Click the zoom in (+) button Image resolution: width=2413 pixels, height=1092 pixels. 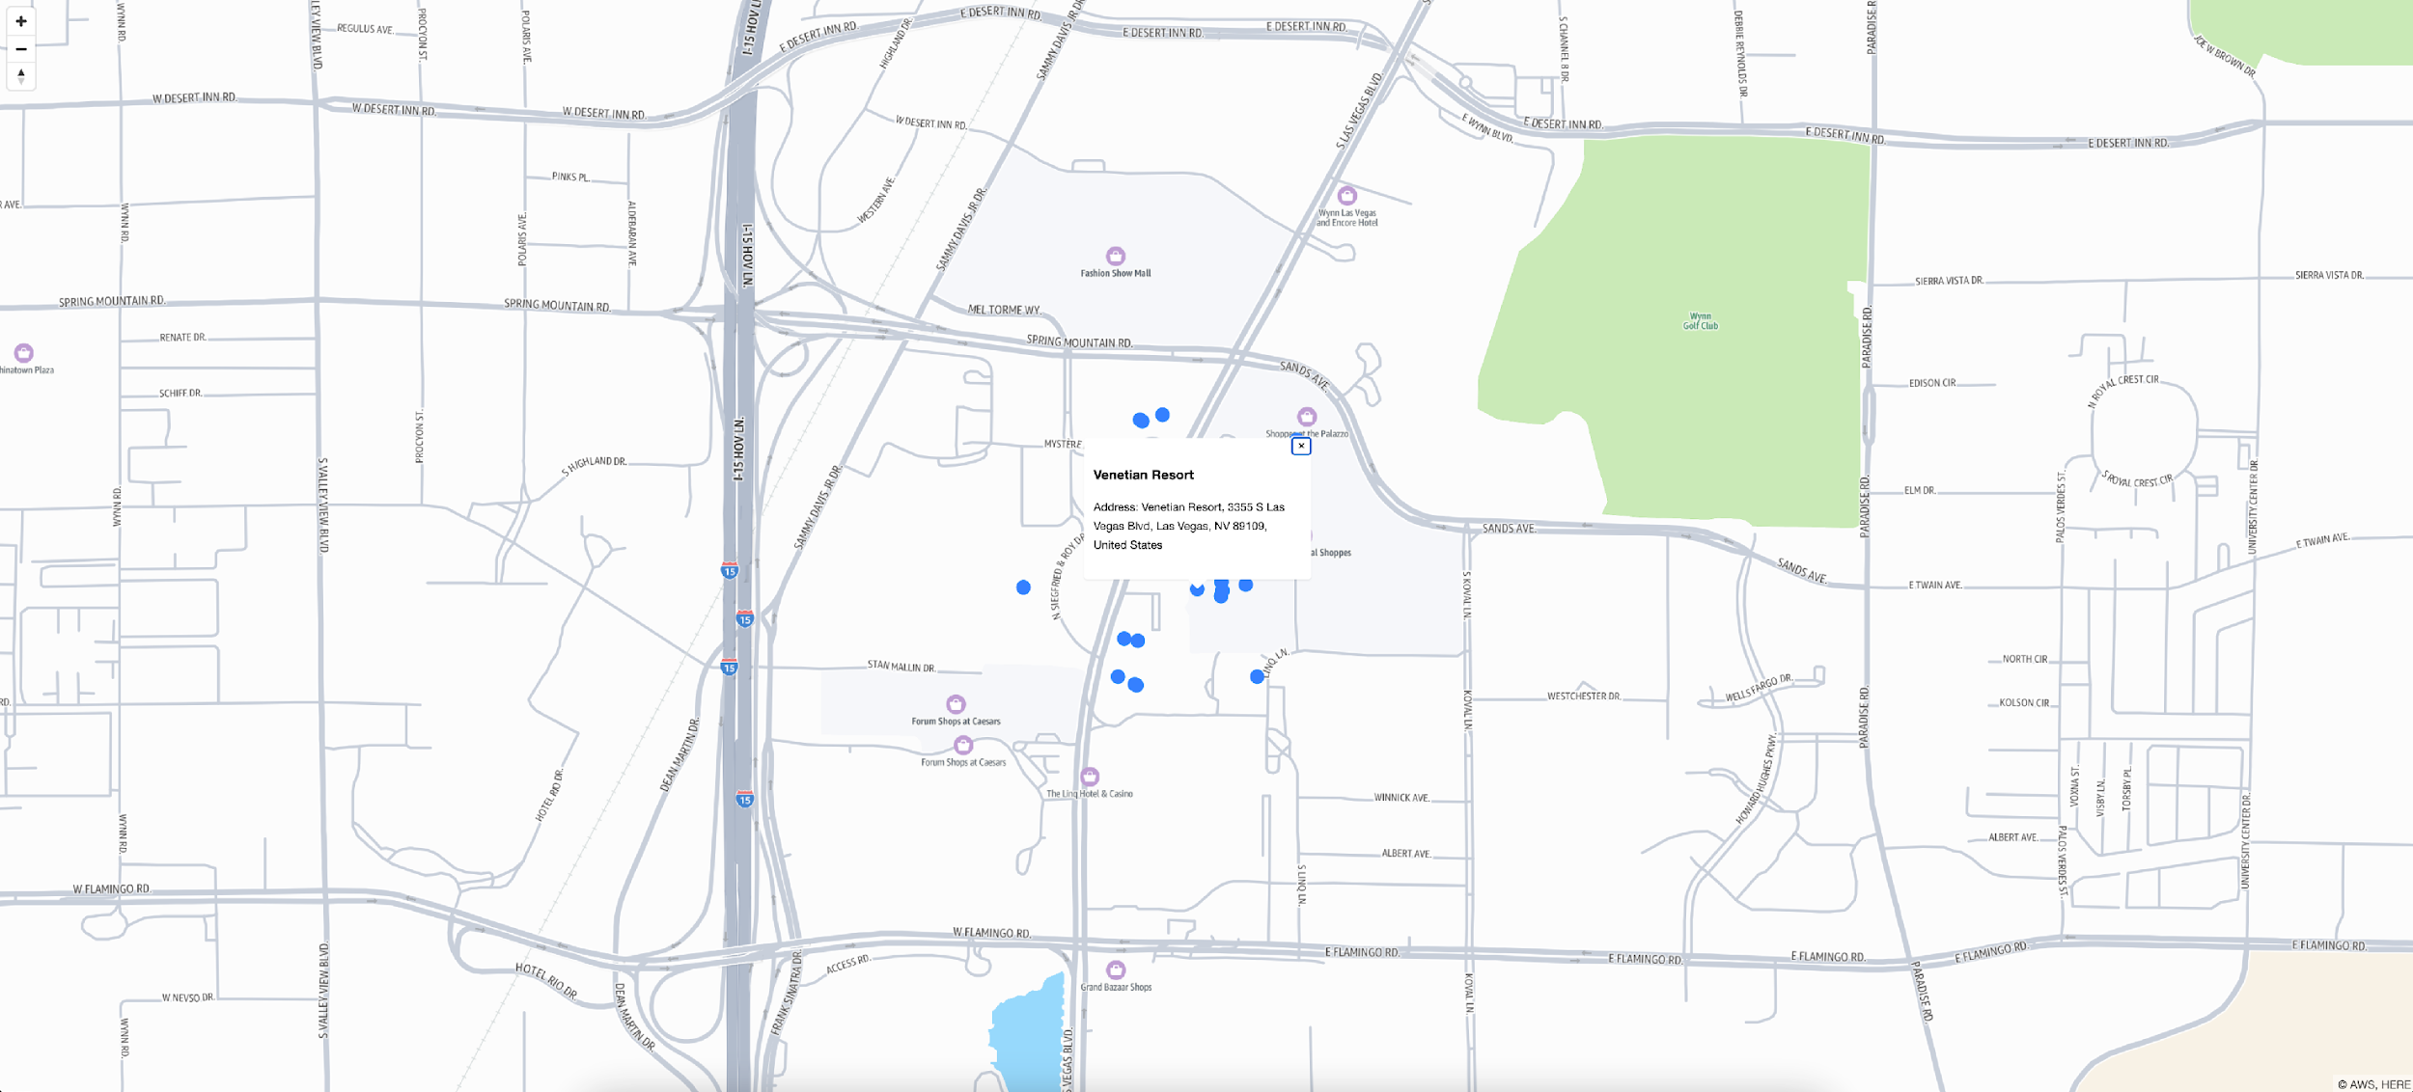[x=21, y=21]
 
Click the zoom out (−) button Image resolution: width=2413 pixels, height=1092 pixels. [x=21, y=49]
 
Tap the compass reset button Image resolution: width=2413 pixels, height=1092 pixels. [x=21, y=75]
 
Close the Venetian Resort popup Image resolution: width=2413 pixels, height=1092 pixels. [x=1301, y=447]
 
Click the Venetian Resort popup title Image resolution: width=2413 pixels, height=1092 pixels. [x=1144, y=475]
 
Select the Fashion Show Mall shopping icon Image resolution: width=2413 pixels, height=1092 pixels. [x=1116, y=257]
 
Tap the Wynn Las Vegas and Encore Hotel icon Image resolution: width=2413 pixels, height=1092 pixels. [x=1347, y=196]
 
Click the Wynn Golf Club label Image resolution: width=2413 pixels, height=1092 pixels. [x=1701, y=321]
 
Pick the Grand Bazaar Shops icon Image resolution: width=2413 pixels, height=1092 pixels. [x=1116, y=969]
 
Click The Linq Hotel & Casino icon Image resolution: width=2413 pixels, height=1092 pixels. [x=1090, y=777]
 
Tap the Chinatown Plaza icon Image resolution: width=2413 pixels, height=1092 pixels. [x=24, y=353]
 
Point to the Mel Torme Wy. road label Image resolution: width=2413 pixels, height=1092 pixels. [x=1005, y=310]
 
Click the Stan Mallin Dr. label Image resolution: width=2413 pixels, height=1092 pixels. [x=901, y=667]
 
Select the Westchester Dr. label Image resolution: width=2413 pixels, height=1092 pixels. [x=1584, y=696]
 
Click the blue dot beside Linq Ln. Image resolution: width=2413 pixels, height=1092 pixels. [x=1257, y=677]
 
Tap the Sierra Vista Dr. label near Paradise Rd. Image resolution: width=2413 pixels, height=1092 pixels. [x=1949, y=281]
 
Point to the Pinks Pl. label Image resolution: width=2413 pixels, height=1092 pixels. [x=570, y=177]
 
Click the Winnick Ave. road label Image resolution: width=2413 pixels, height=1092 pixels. [x=1401, y=798]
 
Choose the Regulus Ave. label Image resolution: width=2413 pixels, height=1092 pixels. [x=365, y=29]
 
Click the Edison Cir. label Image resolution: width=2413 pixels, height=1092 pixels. [x=1932, y=383]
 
